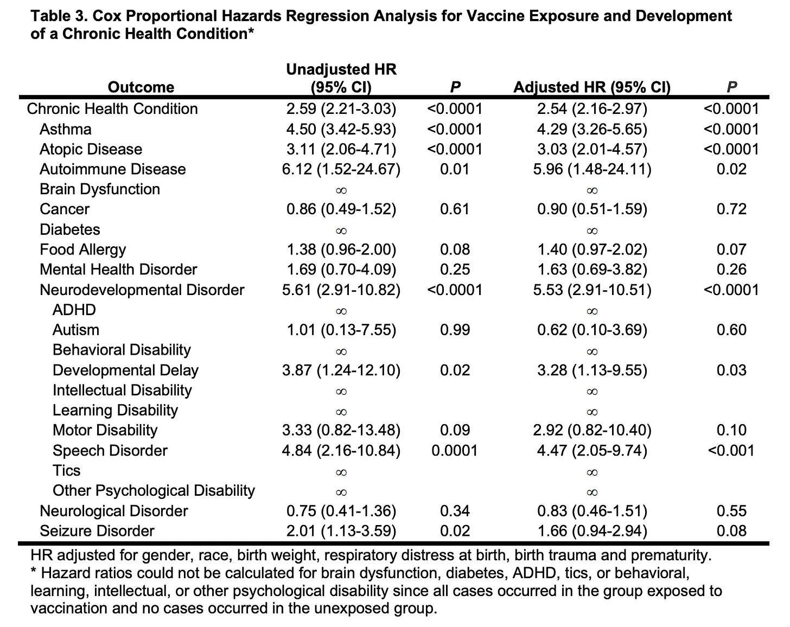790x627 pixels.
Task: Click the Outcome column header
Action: coord(141,87)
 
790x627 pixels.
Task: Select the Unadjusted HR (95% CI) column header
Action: coord(341,78)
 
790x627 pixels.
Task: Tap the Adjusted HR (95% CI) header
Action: coord(591,87)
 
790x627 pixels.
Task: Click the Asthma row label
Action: coord(66,129)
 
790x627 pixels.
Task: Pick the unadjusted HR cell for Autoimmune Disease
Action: coord(341,169)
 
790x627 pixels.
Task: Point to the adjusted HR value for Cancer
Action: coord(592,209)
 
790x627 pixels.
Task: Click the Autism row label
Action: coord(76,330)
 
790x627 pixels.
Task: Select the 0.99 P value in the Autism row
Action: coord(455,330)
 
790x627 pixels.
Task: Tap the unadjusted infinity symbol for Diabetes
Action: coord(341,231)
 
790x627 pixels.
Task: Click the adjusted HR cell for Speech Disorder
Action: coord(592,451)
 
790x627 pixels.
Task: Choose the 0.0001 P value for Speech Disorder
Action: coord(455,451)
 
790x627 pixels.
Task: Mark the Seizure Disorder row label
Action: coord(97,531)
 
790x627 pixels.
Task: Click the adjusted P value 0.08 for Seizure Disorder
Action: coord(731,531)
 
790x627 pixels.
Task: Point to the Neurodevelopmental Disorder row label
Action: coord(142,290)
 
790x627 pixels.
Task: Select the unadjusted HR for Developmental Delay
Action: coord(341,370)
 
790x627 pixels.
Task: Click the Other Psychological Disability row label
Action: coord(154,491)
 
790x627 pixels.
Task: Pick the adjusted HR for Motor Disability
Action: coord(592,431)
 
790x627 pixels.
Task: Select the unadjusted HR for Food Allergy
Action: coord(341,249)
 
